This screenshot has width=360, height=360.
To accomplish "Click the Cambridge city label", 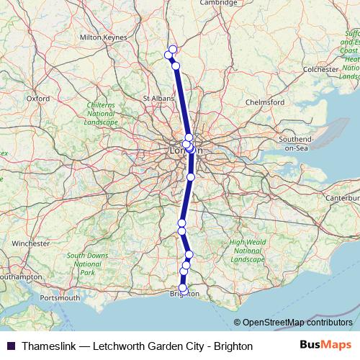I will pos(218,3).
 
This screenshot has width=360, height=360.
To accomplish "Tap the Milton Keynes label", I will pos(103,37).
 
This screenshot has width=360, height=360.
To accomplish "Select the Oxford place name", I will pos(37,98).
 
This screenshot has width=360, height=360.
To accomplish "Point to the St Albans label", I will pos(157,98).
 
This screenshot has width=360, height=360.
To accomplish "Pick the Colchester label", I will pos(320,69).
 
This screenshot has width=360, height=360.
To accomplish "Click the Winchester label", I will pos(30,243).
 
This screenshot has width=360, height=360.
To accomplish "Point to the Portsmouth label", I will pos(60,297).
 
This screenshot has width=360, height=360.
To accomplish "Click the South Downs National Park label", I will pos(87,264).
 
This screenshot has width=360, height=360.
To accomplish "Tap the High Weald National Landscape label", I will pos(248,251).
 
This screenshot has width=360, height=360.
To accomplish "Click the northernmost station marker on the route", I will pos(173,49).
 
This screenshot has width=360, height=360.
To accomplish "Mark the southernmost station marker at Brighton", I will pos(182,289).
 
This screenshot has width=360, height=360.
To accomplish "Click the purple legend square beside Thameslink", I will pos(10,346).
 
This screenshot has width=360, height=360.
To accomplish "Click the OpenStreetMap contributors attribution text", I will pos(297,323).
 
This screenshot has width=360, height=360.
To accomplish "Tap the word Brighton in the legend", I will pos(233,346).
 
